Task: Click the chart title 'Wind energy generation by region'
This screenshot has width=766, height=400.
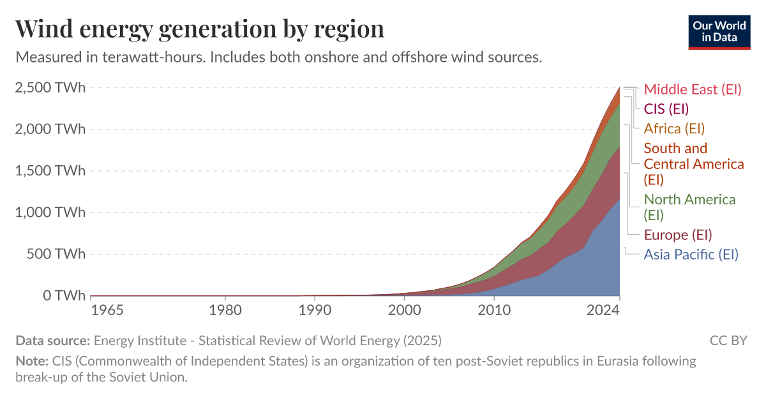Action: tap(199, 29)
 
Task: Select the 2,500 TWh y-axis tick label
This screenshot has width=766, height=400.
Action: tap(50, 88)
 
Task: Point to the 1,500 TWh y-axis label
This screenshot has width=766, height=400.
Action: tap(50, 171)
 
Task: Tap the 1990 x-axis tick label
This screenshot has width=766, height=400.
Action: tap(313, 311)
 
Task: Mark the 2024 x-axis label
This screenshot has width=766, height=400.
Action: tap(603, 311)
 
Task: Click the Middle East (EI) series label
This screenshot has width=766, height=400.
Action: tap(693, 89)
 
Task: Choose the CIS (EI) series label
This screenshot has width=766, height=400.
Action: tap(666, 108)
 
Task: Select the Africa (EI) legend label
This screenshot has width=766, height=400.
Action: tap(674, 128)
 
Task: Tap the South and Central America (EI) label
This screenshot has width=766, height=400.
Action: tap(693, 164)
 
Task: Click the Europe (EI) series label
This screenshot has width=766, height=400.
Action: tap(677, 235)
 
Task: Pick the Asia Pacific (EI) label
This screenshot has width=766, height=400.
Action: tap(691, 255)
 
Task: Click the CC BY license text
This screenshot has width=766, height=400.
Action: tap(728, 340)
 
